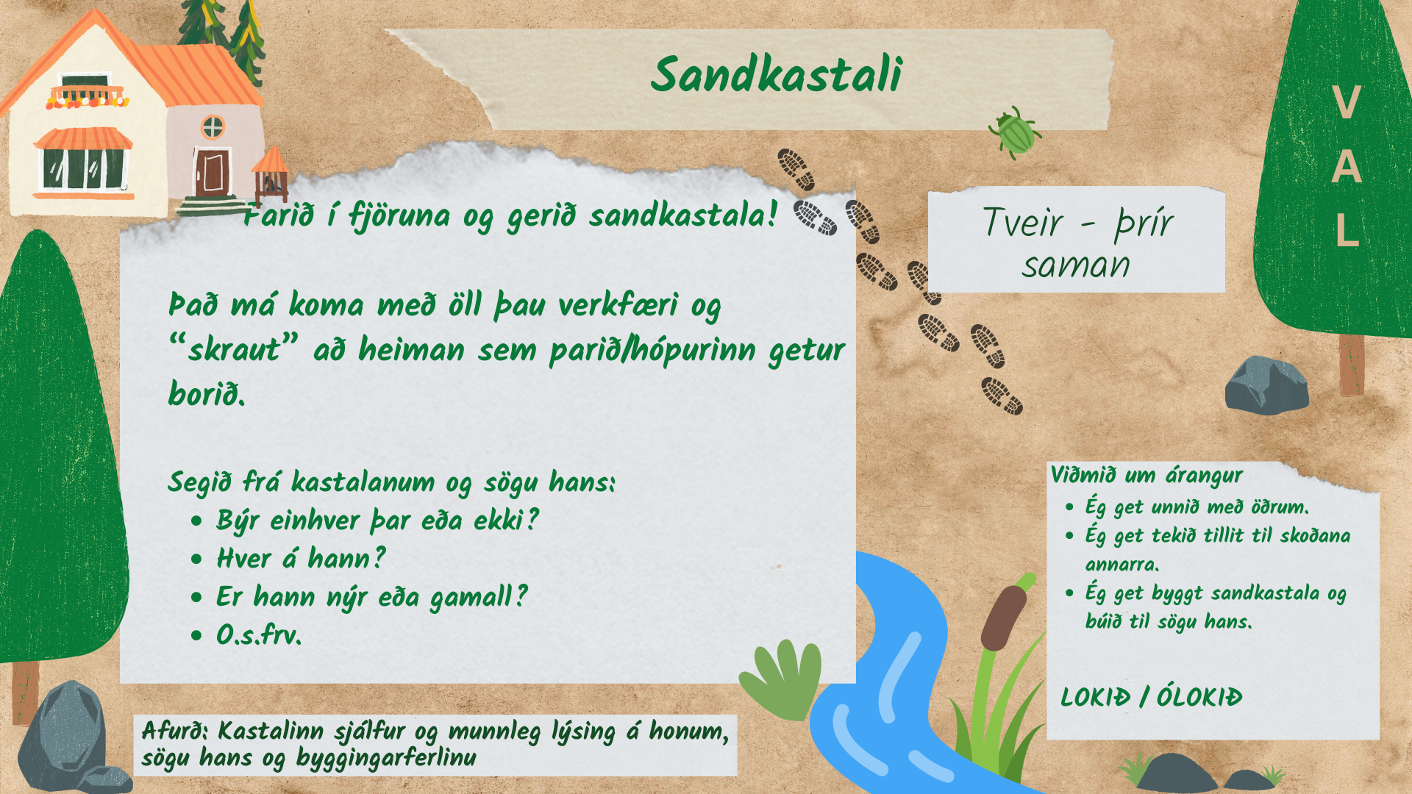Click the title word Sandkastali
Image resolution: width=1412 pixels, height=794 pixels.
(x=776, y=74)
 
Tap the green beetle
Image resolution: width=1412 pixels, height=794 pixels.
(x=1014, y=132)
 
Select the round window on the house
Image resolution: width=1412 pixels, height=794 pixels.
(x=213, y=127)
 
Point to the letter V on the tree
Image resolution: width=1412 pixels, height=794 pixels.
(x=1346, y=103)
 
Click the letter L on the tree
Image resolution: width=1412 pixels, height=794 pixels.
(x=1347, y=230)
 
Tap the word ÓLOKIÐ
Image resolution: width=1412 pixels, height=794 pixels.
(x=1199, y=696)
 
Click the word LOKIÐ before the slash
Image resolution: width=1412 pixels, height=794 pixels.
(x=1094, y=697)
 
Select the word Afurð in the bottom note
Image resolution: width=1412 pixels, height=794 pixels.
(x=175, y=731)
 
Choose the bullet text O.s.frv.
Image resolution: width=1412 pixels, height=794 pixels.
(x=259, y=634)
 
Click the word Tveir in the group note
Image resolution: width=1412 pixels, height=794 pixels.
(x=1023, y=222)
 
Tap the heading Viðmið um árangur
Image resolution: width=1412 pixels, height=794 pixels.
(x=1147, y=475)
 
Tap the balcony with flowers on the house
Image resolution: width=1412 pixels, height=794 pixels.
(x=87, y=96)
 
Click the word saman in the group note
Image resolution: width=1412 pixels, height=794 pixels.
(x=1075, y=265)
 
